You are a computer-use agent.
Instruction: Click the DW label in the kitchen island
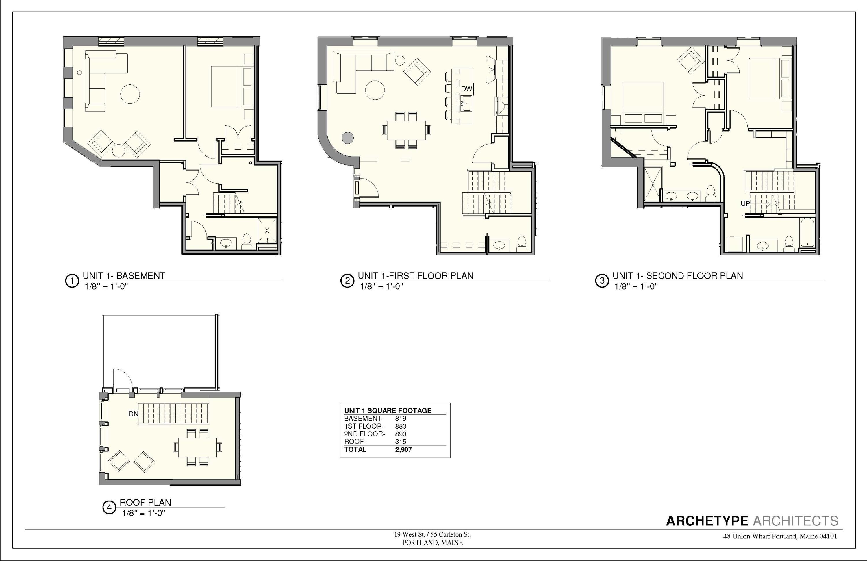(466, 89)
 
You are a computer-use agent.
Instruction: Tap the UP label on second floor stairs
(745, 204)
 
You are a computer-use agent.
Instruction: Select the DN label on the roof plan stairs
(133, 414)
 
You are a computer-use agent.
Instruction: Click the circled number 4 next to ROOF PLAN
(109, 508)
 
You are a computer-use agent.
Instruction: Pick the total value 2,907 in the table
(403, 449)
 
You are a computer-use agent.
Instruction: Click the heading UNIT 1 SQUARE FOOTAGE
(388, 410)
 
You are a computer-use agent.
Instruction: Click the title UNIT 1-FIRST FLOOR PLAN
(415, 276)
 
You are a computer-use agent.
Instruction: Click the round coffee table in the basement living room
(130, 94)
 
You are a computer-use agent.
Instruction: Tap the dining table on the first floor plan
(406, 130)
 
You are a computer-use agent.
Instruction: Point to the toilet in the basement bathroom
(247, 241)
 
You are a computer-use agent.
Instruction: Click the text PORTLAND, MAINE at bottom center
(432, 543)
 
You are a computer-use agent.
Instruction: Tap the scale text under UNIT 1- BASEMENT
(106, 286)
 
